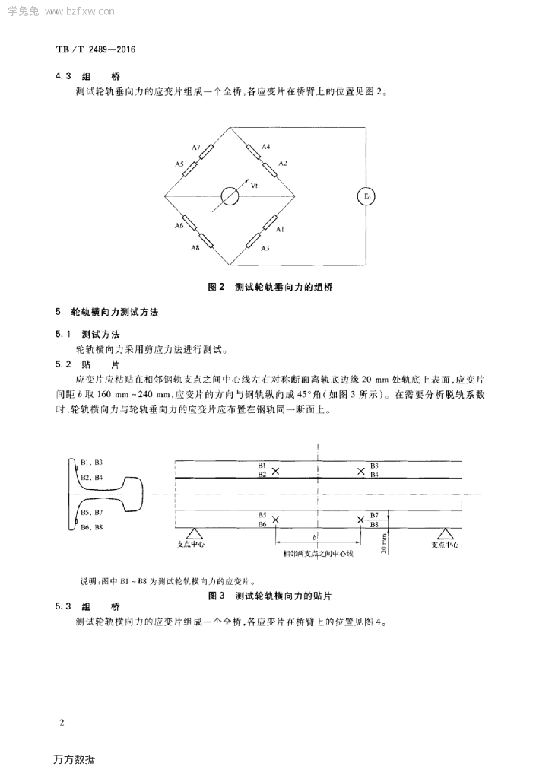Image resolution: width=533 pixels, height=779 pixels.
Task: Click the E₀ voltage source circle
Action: click(x=366, y=197)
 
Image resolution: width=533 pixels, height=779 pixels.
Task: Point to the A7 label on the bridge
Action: click(x=196, y=147)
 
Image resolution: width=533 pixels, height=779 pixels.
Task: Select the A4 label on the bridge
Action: click(x=265, y=146)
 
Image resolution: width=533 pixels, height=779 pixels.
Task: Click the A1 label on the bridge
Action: click(x=279, y=228)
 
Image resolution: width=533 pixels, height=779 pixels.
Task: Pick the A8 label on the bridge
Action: click(x=195, y=248)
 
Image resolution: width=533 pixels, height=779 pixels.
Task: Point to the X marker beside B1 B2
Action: click(x=275, y=471)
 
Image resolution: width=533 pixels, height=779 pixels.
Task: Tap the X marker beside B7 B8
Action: click(x=361, y=520)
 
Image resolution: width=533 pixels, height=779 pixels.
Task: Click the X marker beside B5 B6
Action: click(x=275, y=520)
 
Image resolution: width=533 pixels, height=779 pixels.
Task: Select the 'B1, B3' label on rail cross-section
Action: click(x=92, y=462)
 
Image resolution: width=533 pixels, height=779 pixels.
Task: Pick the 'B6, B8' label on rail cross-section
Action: click(x=92, y=526)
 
